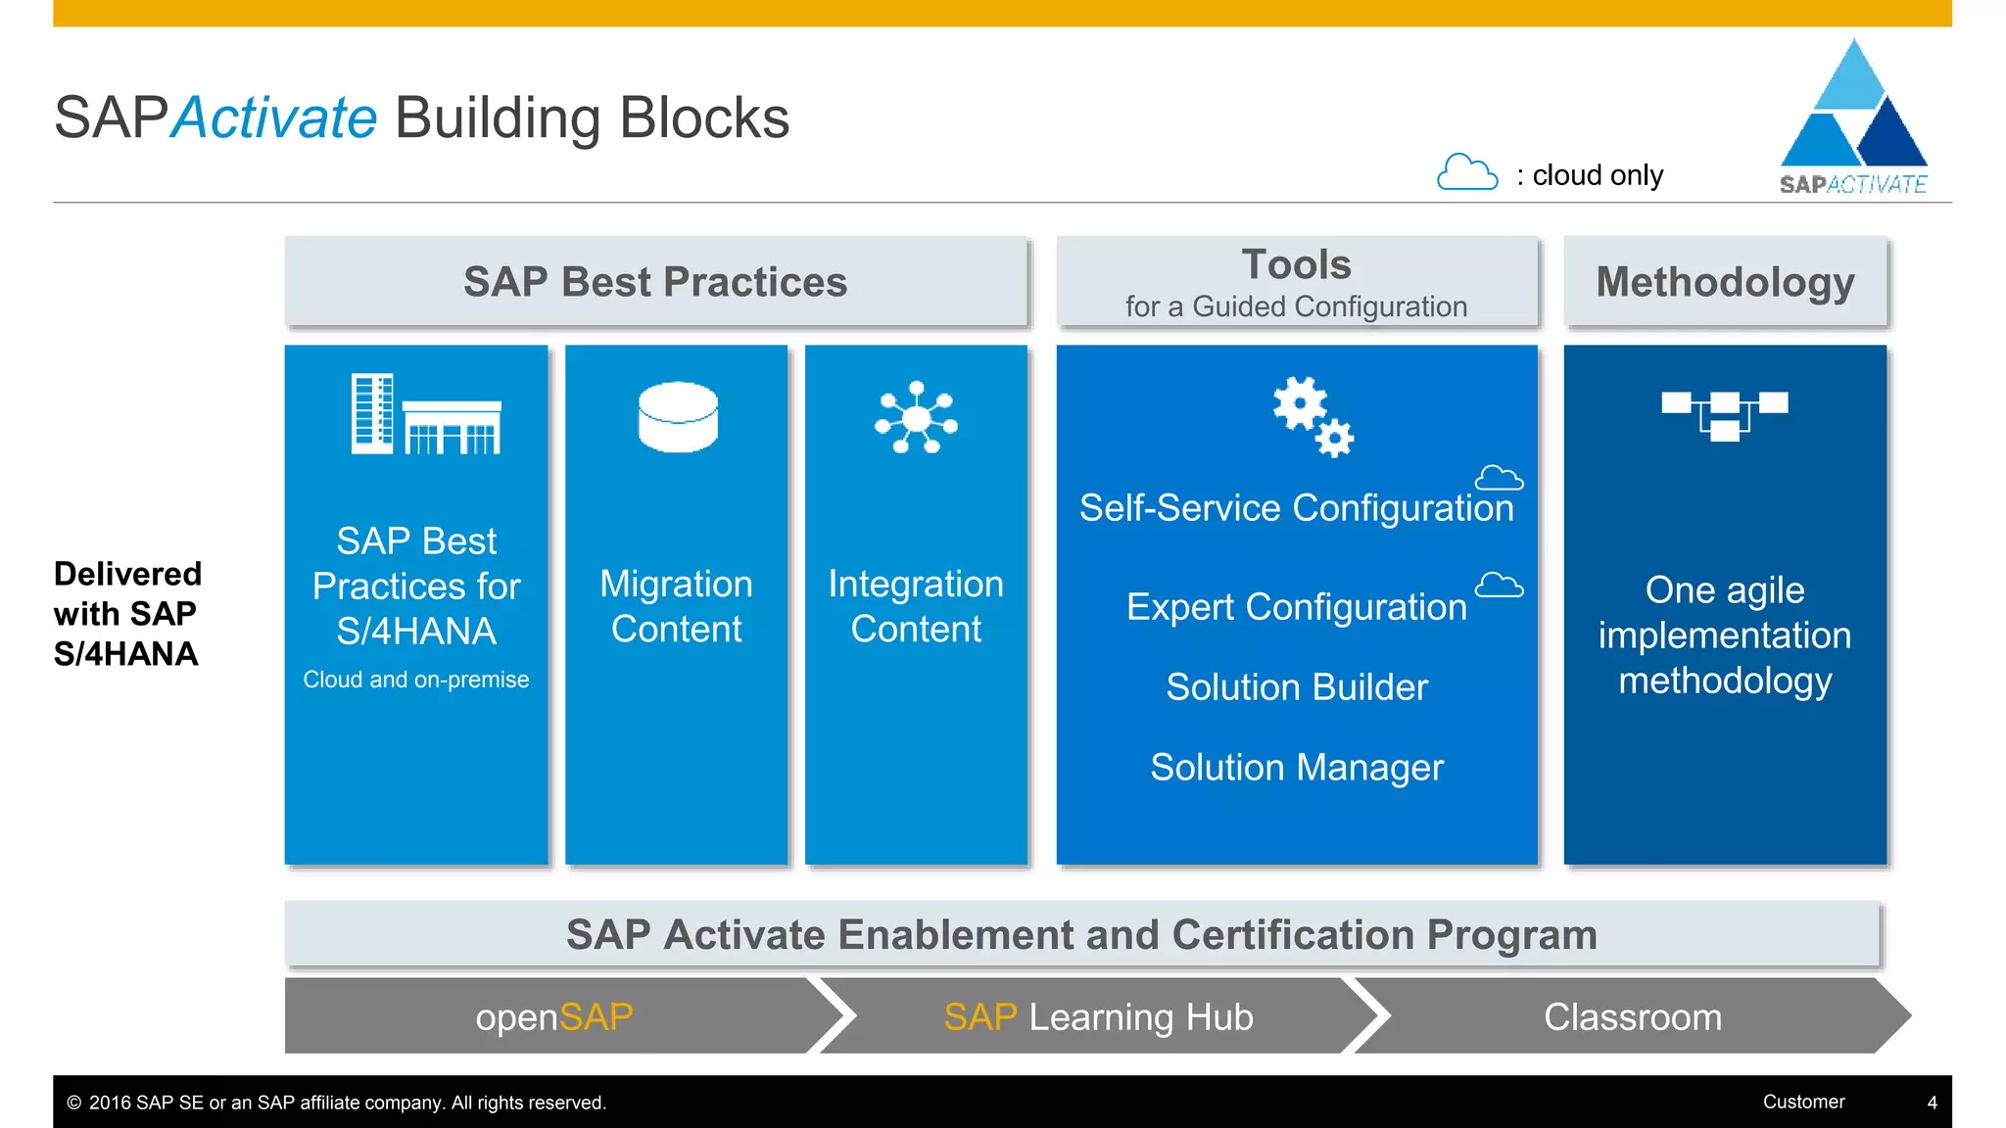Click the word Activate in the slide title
point(274,117)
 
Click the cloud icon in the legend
point(1466,172)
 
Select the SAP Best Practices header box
point(655,282)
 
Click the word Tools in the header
point(1296,264)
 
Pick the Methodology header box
point(1725,282)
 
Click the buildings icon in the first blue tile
point(426,414)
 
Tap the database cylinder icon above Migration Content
point(678,417)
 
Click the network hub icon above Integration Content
point(916,418)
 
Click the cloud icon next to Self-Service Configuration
point(1499,478)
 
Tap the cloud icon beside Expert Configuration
point(1499,586)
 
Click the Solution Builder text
point(1297,687)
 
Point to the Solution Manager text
point(1297,768)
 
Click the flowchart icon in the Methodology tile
point(1725,415)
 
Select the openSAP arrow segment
point(554,1017)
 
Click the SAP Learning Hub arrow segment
point(1098,1017)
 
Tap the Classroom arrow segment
point(1632,1017)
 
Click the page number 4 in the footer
point(1932,1103)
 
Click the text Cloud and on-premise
point(416,680)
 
